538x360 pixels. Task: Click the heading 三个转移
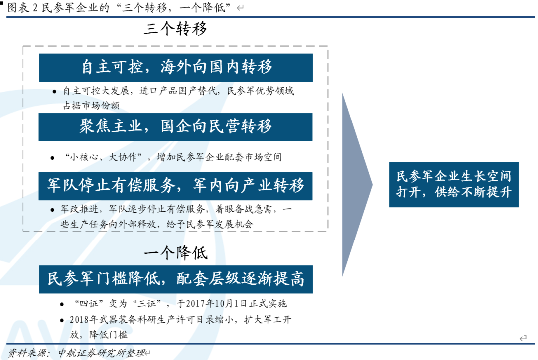(175, 29)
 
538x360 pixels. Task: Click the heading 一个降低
(175, 253)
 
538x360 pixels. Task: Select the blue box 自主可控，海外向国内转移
(176, 68)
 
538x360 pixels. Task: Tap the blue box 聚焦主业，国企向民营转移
(176, 126)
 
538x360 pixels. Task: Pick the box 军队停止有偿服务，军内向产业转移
(176, 186)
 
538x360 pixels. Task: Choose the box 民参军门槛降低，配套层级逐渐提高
(176, 279)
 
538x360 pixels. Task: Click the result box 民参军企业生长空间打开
(453, 184)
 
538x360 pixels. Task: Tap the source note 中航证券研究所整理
(100, 353)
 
